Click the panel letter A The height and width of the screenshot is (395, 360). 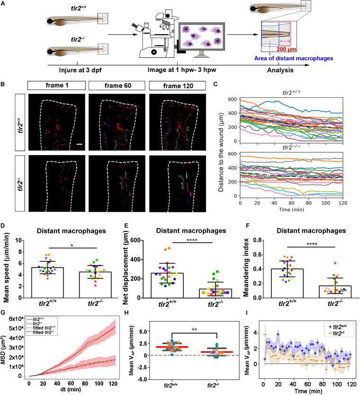(x=4, y=5)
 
